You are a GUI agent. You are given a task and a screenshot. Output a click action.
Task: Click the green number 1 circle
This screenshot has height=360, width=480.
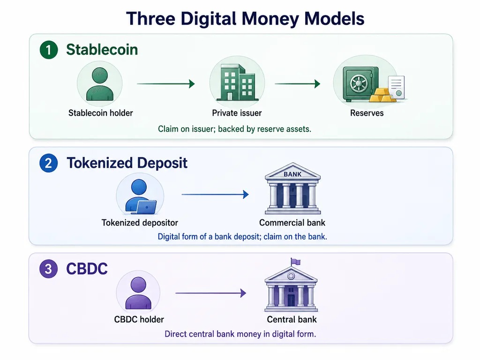click(49, 50)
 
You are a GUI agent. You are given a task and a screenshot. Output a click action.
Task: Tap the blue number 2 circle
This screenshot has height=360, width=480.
click(49, 163)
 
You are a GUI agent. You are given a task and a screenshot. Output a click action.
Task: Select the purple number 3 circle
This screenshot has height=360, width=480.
click(49, 269)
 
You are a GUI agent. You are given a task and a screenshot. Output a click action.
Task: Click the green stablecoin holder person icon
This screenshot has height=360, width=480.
click(100, 84)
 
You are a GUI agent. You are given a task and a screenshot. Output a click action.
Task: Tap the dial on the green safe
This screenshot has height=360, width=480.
click(358, 82)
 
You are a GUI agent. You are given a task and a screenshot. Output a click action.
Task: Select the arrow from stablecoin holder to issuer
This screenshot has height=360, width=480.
click(166, 83)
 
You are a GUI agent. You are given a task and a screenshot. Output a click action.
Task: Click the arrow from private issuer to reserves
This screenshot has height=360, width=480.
click(298, 83)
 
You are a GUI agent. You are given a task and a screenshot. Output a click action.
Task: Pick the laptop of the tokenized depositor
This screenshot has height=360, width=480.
click(146, 208)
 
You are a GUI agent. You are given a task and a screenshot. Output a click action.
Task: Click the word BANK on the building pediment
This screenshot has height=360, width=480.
click(292, 174)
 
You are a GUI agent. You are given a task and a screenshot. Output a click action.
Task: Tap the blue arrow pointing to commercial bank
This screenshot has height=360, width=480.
click(215, 195)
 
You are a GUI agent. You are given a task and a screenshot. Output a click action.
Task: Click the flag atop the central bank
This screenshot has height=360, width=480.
click(295, 262)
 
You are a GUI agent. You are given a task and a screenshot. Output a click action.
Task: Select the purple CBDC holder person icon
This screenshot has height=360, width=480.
click(138, 293)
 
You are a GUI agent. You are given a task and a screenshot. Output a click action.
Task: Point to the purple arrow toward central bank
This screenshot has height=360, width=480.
click(211, 293)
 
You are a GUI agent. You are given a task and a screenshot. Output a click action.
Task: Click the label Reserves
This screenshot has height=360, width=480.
click(367, 113)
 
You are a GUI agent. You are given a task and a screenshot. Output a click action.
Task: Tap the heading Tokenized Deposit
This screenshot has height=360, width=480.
click(127, 163)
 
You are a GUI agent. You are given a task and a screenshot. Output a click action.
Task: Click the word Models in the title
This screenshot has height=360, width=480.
click(334, 18)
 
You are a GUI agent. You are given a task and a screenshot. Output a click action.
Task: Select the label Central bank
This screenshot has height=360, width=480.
click(292, 320)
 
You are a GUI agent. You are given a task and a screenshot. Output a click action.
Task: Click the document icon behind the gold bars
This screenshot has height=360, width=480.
click(397, 87)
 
